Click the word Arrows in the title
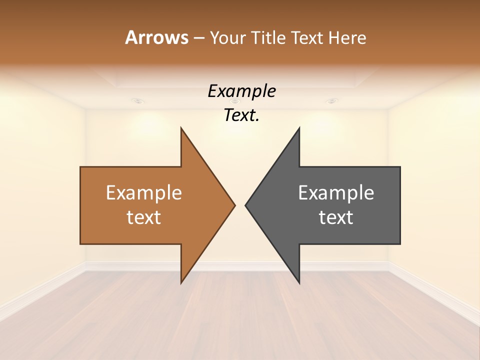pyautogui.click(x=156, y=37)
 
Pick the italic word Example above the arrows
pyautogui.click(x=241, y=91)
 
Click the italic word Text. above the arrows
pyautogui.click(x=241, y=115)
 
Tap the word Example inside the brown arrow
pyautogui.click(x=144, y=193)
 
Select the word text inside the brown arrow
pyautogui.click(x=144, y=217)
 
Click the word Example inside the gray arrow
pyautogui.click(x=336, y=193)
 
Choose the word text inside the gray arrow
pyautogui.click(x=336, y=217)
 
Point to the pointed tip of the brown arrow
pyautogui.click(x=234, y=204)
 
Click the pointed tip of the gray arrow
pyautogui.click(x=245, y=204)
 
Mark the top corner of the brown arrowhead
pyautogui.click(x=181, y=128)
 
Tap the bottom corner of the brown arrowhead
pyautogui.click(x=181, y=282)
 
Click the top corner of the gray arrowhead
pyautogui.click(x=299, y=128)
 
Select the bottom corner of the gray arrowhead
pyautogui.click(x=299, y=282)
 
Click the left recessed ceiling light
pyautogui.click(x=138, y=101)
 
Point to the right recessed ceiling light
pyautogui.click(x=331, y=101)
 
